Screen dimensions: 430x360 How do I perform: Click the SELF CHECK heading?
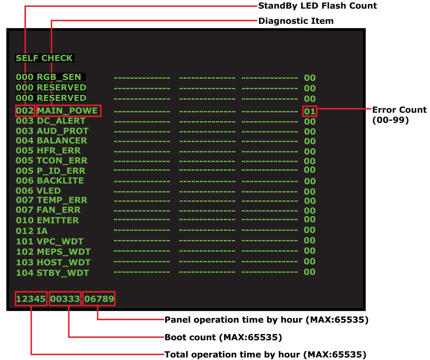[x=44, y=58]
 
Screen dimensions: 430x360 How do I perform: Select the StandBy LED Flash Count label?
[x=317, y=6]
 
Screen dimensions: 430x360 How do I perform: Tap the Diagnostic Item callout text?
[x=296, y=21]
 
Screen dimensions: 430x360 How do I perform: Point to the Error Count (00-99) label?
[x=399, y=115]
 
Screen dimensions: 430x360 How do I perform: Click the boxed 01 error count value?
[x=310, y=111]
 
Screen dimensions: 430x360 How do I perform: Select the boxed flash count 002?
[x=25, y=111]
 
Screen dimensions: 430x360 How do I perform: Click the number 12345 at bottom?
[x=31, y=299]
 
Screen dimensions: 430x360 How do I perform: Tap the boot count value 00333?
[x=65, y=299]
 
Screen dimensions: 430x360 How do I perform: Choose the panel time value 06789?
[x=99, y=299]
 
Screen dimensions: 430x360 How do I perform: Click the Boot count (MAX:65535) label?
[x=223, y=337]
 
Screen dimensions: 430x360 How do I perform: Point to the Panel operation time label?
[x=266, y=320]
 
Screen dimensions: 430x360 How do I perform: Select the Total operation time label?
[x=265, y=354]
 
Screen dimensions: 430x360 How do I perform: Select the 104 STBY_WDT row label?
[x=52, y=273]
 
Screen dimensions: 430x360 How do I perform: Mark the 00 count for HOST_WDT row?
[x=310, y=261]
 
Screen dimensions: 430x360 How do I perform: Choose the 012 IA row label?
[x=32, y=231]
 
